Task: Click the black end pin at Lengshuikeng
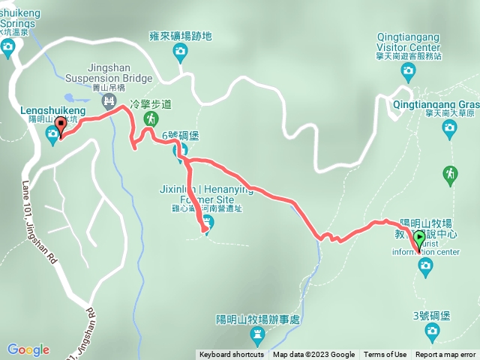(60, 125)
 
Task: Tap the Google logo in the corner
(28, 349)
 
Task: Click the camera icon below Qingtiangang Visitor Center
(408, 73)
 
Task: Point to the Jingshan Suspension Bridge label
(109, 72)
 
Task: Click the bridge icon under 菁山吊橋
(109, 98)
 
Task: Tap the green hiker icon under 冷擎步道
(151, 119)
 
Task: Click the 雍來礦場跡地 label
(181, 35)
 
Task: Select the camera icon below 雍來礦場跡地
(180, 51)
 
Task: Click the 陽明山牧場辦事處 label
(257, 319)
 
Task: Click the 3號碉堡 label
(431, 315)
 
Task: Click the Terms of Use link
(385, 355)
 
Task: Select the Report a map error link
(445, 355)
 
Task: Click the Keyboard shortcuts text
(231, 355)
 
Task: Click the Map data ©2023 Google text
(313, 355)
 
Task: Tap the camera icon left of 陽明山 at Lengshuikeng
(52, 134)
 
